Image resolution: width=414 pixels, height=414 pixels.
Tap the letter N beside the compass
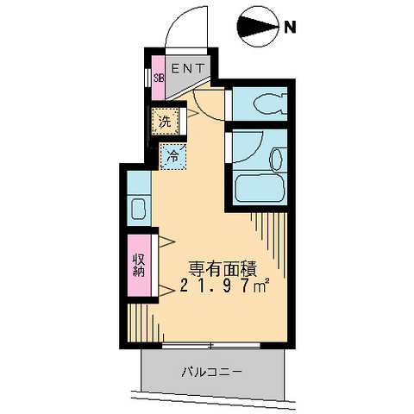point(291,28)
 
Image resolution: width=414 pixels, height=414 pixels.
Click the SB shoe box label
point(158,78)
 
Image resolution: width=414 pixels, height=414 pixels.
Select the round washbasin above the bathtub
point(276,159)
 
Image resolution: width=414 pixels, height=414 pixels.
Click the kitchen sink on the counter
point(137,208)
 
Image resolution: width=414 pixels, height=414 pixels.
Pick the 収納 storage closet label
point(138,265)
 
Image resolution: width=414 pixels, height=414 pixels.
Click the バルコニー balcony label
point(211,373)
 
